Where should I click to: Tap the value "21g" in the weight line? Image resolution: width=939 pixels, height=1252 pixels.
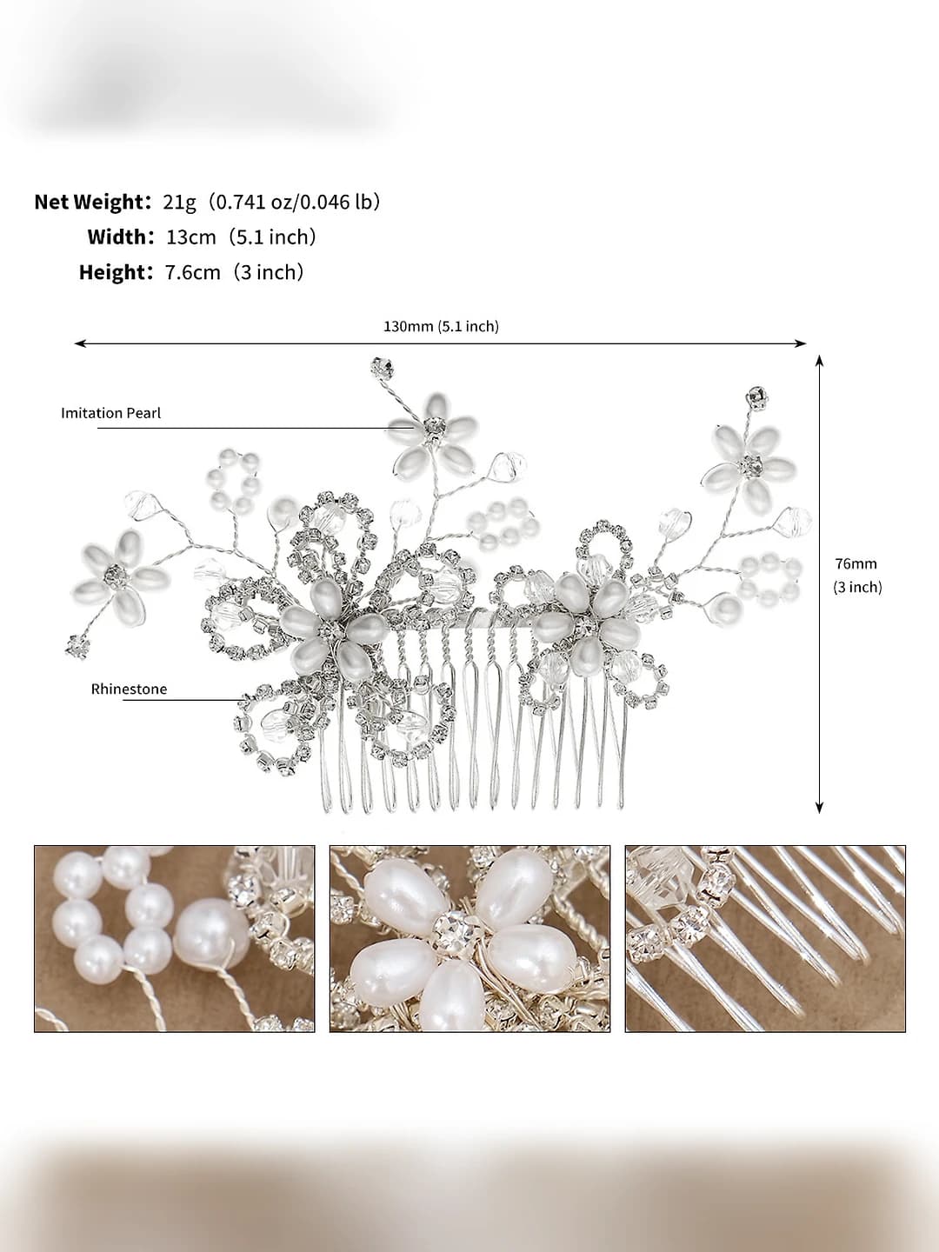click(179, 203)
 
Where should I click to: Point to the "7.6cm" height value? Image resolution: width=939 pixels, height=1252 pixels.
click(193, 272)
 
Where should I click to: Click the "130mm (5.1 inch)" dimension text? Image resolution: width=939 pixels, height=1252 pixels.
click(441, 326)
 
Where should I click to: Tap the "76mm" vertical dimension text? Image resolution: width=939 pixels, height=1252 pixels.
click(856, 563)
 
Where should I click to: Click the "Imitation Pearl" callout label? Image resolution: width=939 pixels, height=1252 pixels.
click(111, 413)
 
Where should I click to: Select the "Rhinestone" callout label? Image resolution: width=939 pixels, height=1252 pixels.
click(129, 689)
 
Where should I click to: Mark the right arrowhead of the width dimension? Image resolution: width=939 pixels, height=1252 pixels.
click(801, 343)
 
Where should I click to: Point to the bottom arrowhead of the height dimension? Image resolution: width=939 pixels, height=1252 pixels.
click(819, 807)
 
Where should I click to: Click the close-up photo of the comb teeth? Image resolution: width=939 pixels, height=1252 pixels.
click(765, 938)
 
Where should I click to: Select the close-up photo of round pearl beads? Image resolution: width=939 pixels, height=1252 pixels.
click(175, 938)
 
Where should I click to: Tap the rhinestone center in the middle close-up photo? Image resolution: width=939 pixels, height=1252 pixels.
click(451, 933)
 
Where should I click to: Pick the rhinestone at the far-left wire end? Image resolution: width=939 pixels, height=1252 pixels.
click(77, 646)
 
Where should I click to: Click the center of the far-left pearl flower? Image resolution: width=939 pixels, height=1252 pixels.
click(116, 571)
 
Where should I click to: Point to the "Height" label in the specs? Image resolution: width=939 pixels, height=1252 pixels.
click(112, 272)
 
